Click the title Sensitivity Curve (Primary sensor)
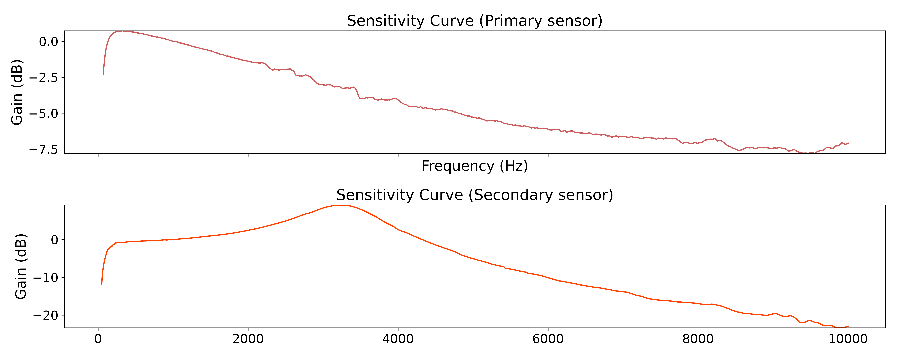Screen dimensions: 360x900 tap(474, 21)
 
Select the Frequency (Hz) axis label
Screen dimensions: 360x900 tap(474, 166)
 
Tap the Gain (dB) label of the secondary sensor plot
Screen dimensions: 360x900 tap(21, 266)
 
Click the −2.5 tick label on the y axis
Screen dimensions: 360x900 tap(43, 78)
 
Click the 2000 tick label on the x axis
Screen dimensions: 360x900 tap(248, 339)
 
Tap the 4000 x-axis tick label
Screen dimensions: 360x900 tap(398, 339)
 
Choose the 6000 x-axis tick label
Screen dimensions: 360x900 tap(548, 339)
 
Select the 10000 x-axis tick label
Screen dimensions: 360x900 tap(848, 339)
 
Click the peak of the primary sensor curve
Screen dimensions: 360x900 tap(122, 31)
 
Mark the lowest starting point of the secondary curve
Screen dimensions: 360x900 tap(102, 285)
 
